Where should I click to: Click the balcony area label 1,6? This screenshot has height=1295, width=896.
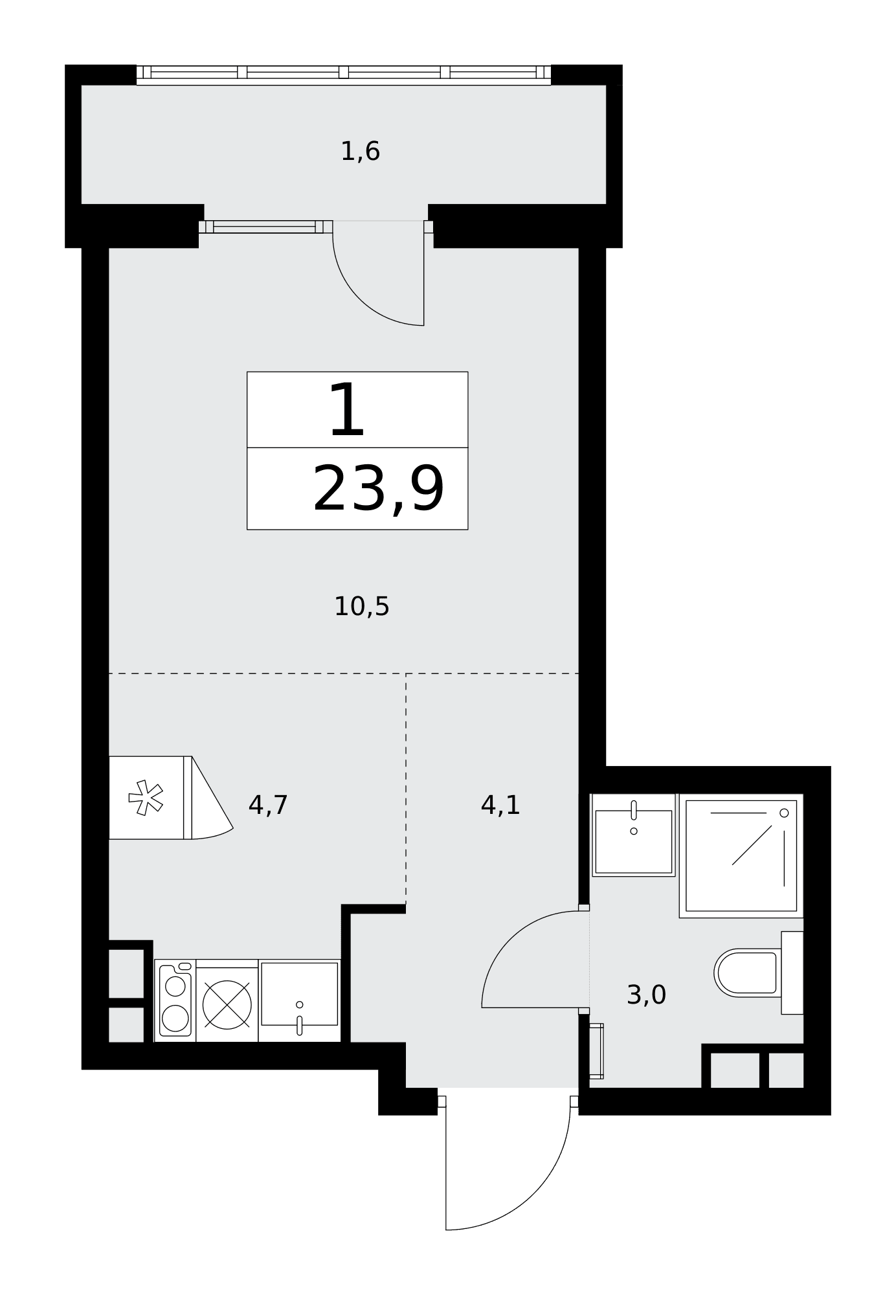click(x=360, y=152)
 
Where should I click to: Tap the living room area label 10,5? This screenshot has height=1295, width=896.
click(x=361, y=607)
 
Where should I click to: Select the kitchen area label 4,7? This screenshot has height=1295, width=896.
click(x=267, y=805)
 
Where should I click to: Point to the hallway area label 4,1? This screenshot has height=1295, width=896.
click(x=500, y=805)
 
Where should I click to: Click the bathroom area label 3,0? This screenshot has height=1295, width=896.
click(x=646, y=995)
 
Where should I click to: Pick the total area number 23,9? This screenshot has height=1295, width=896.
click(x=379, y=490)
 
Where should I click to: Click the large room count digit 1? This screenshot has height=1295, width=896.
click(x=347, y=410)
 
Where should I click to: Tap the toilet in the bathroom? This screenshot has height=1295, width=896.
click(x=758, y=973)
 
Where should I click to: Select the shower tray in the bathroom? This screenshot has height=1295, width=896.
click(x=741, y=855)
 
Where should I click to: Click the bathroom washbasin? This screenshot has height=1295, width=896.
click(x=634, y=835)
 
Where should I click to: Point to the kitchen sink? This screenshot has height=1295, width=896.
click(x=299, y=1001)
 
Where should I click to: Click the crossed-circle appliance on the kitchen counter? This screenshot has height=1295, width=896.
click(x=227, y=1004)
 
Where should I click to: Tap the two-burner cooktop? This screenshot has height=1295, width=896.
click(x=175, y=1001)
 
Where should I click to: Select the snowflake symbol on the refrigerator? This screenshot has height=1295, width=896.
click(x=146, y=798)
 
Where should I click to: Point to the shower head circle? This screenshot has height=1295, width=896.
click(x=784, y=813)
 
